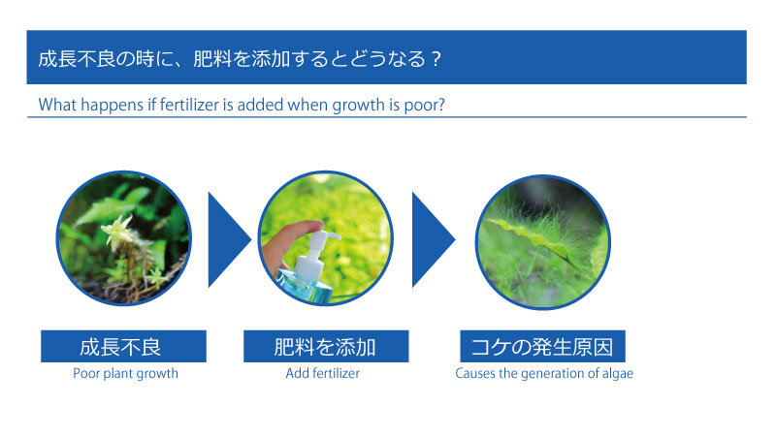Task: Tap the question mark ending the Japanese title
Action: [436, 59]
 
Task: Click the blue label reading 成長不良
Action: [123, 346]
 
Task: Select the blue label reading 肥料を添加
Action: [326, 346]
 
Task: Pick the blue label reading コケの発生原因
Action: [542, 346]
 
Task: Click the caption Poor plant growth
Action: [126, 373]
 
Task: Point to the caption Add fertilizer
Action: [323, 373]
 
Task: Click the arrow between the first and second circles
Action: [229, 239]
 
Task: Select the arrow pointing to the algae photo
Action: [433, 239]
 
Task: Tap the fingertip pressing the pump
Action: [311, 227]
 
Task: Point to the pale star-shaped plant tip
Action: [116, 230]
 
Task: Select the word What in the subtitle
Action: [57, 105]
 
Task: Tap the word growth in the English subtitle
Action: [358, 106]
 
